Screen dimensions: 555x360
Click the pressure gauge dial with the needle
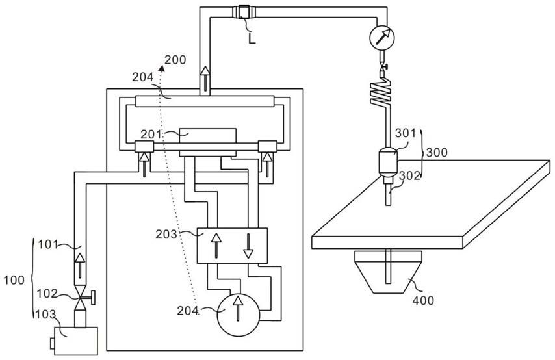pos(381,37)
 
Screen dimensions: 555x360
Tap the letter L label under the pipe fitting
pos(252,38)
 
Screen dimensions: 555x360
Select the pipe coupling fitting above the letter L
pos(244,11)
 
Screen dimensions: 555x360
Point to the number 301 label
pos(406,133)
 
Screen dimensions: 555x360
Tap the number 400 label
pos(423,300)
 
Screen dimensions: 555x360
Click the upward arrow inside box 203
pos(216,246)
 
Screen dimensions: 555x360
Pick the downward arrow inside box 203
pos(248,246)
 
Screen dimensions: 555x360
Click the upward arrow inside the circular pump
pos(239,309)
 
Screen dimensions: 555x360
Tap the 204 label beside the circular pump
pos(188,311)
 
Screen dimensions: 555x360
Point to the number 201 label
pos(151,135)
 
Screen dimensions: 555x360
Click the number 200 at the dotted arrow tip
pos(175,60)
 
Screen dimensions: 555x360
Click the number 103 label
pos(45,314)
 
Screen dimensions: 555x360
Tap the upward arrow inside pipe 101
pos(80,266)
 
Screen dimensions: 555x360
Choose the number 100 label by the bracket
pos(14,280)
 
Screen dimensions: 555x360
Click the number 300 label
pos(437,153)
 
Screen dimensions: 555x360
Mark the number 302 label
pos(409,175)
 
